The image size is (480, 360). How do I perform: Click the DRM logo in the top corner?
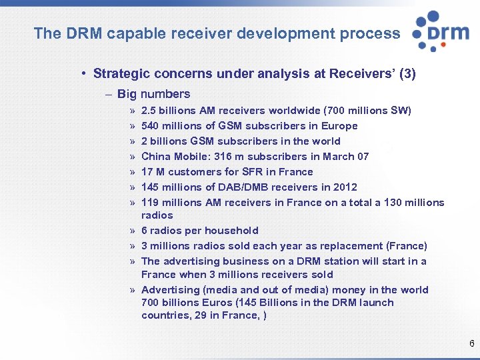[x=441, y=31]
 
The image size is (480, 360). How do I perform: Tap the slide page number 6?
[x=471, y=344]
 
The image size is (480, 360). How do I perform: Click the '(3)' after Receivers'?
[x=407, y=74]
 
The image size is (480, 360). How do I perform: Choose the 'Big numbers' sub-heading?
[x=153, y=94]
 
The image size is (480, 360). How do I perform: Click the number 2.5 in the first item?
[x=149, y=111]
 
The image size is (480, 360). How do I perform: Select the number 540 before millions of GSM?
[x=151, y=126]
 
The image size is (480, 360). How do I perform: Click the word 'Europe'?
[x=339, y=126]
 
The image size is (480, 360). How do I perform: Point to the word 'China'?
[x=156, y=157]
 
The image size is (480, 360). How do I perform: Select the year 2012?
[x=344, y=187]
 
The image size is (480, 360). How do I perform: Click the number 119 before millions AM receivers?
[x=150, y=203]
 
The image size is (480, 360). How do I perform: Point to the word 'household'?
[x=231, y=231]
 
